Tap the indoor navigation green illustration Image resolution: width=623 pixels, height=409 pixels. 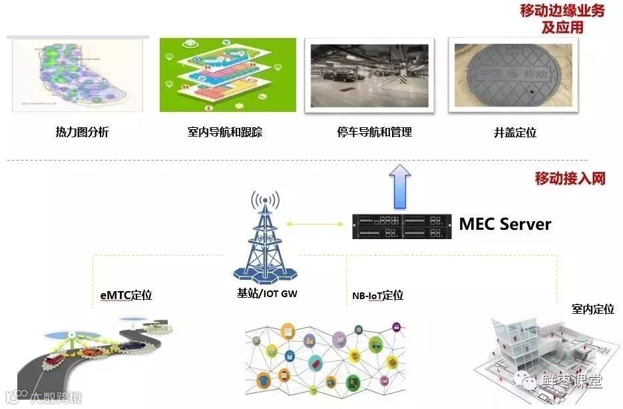click(x=228, y=75)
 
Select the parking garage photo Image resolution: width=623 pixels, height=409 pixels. click(x=369, y=75)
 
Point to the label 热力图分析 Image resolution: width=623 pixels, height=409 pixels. click(x=82, y=132)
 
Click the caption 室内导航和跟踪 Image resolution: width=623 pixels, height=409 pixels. click(x=225, y=132)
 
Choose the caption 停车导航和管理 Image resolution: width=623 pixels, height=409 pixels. click(x=375, y=132)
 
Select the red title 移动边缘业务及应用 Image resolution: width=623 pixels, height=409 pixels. click(x=562, y=19)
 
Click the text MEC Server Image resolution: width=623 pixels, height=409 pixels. click(x=505, y=224)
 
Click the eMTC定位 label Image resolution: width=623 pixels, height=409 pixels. click(x=122, y=295)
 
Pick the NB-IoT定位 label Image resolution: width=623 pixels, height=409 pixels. click(x=377, y=295)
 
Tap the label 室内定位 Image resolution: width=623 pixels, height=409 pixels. click(x=593, y=309)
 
